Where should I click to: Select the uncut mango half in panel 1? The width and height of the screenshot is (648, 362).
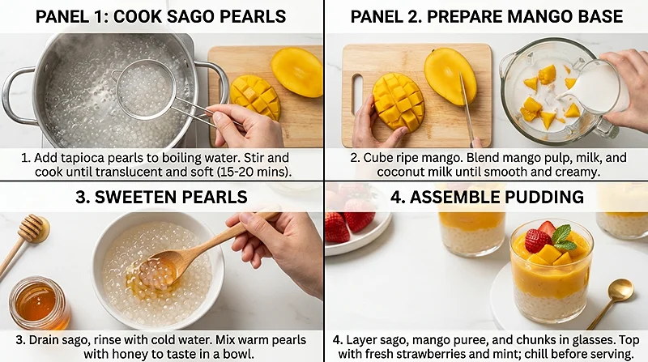(x=297, y=71)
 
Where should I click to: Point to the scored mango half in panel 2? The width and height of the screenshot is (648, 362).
(x=398, y=101)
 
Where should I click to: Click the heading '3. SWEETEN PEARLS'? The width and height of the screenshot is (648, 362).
(x=162, y=196)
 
